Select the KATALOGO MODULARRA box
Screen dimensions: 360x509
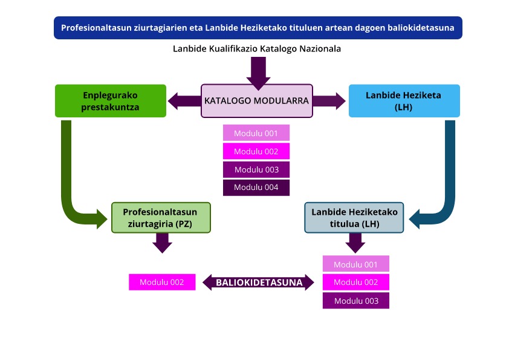point(256,100)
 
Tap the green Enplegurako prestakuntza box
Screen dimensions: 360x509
point(110,101)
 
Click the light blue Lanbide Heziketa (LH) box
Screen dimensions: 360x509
point(404,101)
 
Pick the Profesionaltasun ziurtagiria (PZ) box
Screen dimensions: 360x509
point(160,218)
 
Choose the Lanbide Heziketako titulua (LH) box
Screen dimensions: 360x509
point(354,218)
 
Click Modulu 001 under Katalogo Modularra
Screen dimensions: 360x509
point(256,133)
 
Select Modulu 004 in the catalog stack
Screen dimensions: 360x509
point(256,188)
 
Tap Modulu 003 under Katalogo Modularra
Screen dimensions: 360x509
point(256,169)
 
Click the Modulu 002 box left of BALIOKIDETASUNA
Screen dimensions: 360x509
point(162,282)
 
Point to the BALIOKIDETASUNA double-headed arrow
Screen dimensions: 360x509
point(259,282)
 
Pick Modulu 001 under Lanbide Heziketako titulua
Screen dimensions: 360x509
point(355,264)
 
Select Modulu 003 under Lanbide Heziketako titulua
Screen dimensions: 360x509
point(355,301)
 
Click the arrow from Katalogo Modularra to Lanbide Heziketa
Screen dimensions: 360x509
point(329,100)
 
